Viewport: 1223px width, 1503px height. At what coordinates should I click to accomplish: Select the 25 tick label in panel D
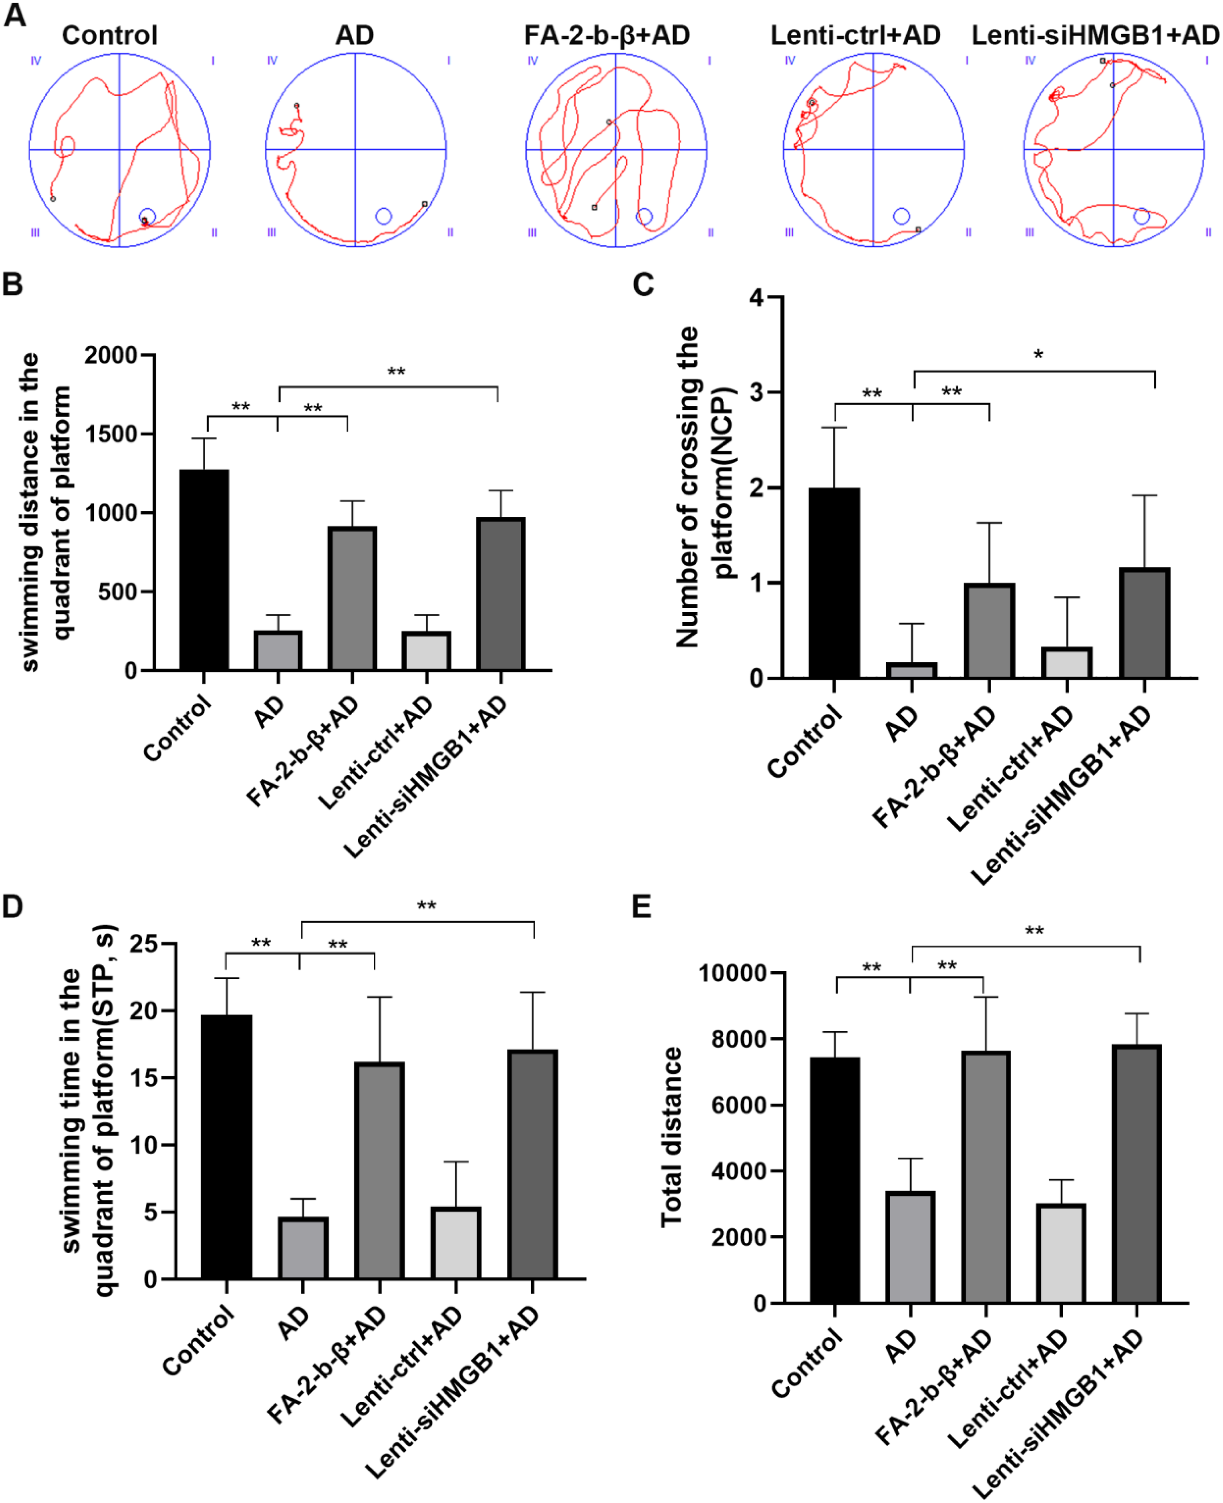pyautogui.click(x=144, y=943)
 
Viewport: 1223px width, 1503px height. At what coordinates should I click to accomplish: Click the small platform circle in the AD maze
pyautogui.click(x=383, y=216)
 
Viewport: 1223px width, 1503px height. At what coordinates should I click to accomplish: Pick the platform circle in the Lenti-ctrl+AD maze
pyautogui.click(x=901, y=216)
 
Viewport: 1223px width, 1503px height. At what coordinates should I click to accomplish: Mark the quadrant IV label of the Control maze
pyautogui.click(x=36, y=60)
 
